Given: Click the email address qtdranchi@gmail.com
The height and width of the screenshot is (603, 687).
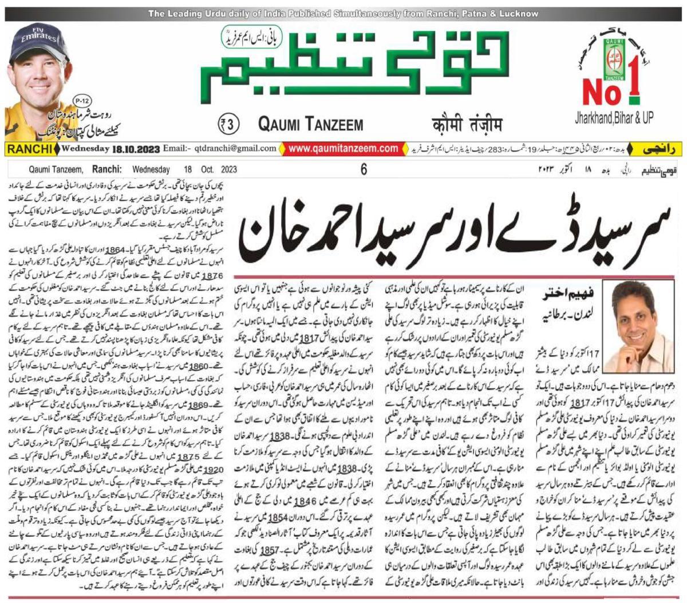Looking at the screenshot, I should (x=236, y=149).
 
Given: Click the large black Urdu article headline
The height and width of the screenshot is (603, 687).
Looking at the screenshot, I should (x=457, y=229).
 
